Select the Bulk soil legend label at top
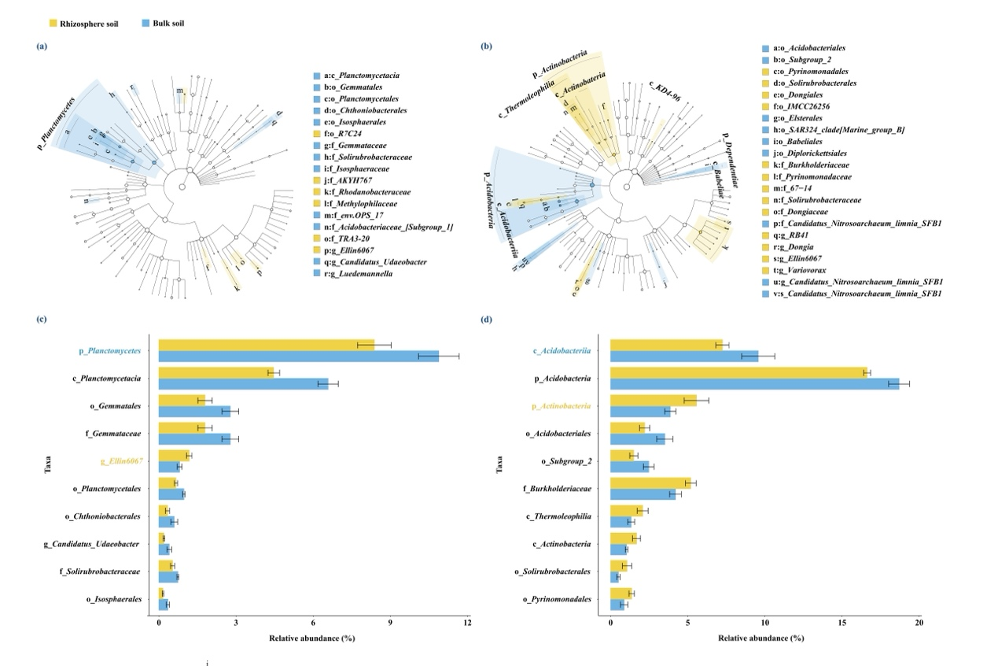click(x=168, y=23)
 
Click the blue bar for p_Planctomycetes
click(x=298, y=357)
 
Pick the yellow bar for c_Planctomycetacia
click(x=216, y=372)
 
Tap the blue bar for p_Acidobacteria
click(x=754, y=383)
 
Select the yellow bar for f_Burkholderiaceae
click(x=650, y=483)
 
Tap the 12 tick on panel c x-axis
click(x=467, y=623)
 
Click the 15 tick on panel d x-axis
click(x=841, y=623)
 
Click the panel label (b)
click(x=486, y=46)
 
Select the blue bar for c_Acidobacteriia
click(x=684, y=356)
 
